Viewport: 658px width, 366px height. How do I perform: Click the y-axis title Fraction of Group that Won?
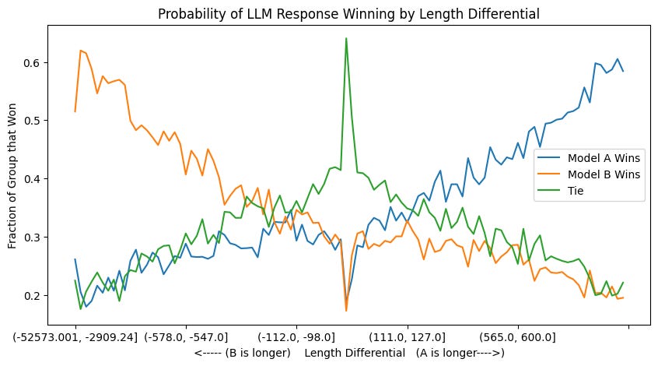point(13,176)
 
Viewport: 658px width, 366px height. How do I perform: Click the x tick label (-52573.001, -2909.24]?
point(75,336)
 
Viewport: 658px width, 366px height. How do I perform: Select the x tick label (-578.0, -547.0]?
point(186,336)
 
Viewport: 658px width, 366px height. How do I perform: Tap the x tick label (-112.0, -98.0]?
point(296,336)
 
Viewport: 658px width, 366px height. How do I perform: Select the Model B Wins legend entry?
point(604,174)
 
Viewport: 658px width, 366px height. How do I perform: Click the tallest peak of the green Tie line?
point(346,38)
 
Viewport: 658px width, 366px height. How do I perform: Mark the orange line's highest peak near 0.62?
point(81,51)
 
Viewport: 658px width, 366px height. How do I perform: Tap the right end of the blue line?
point(623,71)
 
